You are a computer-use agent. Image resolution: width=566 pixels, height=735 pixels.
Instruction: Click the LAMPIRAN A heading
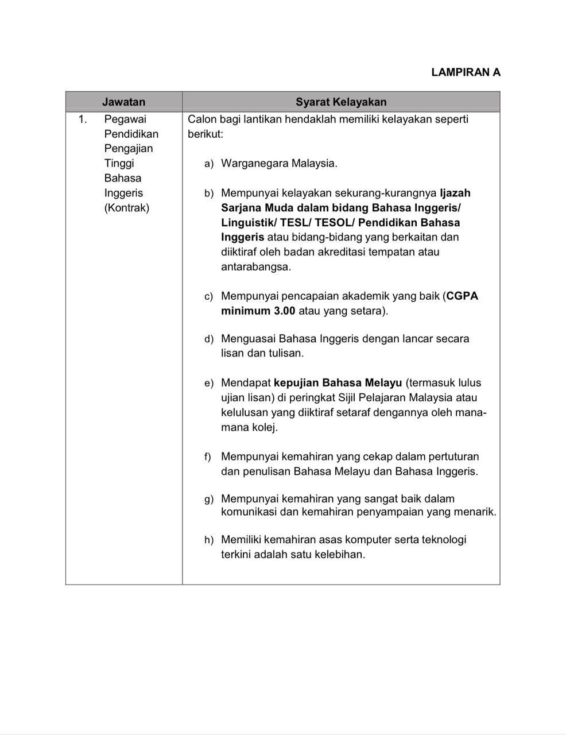click(466, 72)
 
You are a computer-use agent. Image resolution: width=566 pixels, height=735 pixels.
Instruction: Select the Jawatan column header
click(123, 102)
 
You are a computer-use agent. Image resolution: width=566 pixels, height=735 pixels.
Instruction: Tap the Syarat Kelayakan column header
click(341, 102)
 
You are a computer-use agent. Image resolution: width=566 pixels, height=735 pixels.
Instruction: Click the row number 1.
click(83, 119)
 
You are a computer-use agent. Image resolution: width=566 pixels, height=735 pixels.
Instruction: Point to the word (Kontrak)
click(126, 208)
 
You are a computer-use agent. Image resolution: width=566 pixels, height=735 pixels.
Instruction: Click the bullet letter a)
click(209, 164)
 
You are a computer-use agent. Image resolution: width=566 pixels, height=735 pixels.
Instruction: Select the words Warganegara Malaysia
click(279, 163)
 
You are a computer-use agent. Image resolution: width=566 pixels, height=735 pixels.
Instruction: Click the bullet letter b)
click(209, 194)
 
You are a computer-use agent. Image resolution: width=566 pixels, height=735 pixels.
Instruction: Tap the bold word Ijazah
click(455, 193)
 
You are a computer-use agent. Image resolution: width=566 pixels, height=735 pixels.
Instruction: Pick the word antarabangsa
click(255, 266)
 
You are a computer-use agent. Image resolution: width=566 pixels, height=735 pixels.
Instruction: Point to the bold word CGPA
click(462, 296)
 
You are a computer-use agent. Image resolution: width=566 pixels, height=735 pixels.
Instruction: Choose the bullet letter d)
click(209, 339)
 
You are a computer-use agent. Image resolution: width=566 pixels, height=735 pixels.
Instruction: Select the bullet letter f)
click(208, 457)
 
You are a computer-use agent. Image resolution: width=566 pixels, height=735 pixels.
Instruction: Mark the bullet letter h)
click(209, 540)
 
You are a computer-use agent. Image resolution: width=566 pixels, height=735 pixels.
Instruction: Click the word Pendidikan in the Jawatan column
click(131, 134)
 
